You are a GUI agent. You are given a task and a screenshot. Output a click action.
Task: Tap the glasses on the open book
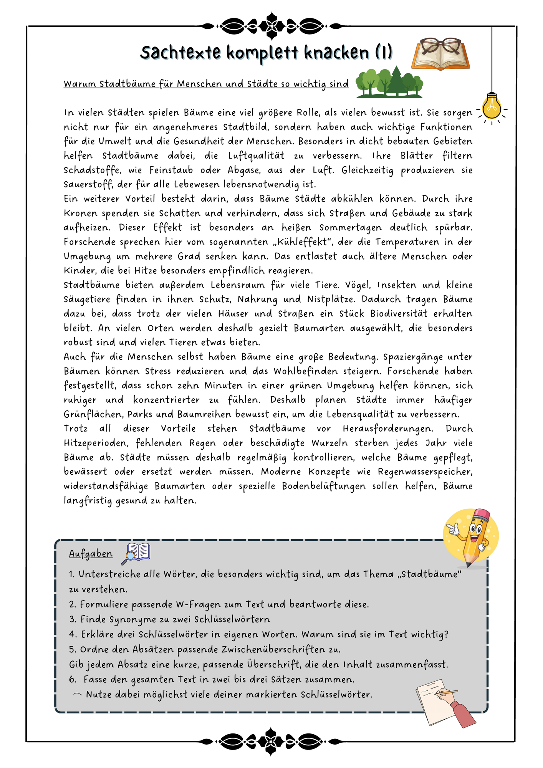(x=440, y=46)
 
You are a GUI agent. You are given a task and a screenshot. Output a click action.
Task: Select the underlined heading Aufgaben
(x=91, y=553)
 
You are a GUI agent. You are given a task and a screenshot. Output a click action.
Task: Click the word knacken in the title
(x=336, y=53)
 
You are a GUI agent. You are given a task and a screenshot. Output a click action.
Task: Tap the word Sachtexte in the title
(x=180, y=53)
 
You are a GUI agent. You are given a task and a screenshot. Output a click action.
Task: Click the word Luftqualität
(x=256, y=156)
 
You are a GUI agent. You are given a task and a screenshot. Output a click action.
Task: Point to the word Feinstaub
(x=171, y=170)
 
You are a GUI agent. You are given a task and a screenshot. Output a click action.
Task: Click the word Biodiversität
(x=399, y=314)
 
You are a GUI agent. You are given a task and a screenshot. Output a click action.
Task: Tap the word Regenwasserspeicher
(x=425, y=472)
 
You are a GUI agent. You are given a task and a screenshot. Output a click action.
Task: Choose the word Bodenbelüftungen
(x=324, y=486)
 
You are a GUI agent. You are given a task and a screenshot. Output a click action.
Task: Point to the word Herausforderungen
(x=388, y=429)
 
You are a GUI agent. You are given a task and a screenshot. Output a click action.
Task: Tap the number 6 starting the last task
(x=73, y=679)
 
